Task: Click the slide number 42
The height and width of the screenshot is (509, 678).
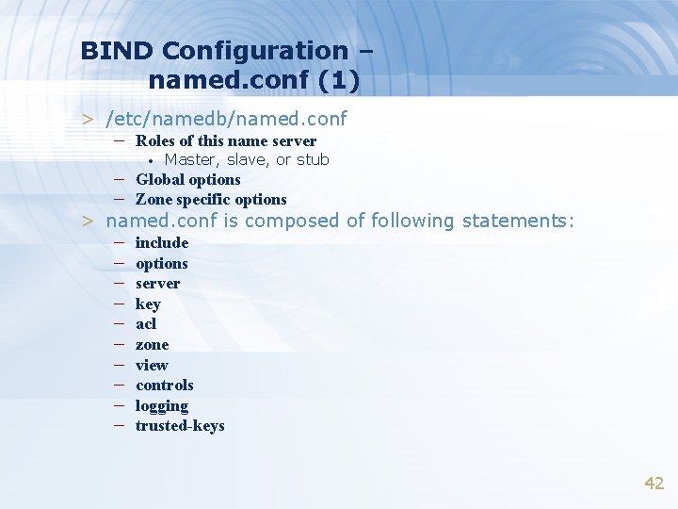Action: (x=654, y=483)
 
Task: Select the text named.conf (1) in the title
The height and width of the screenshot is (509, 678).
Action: (x=253, y=81)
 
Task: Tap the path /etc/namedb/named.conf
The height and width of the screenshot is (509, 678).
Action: (x=227, y=119)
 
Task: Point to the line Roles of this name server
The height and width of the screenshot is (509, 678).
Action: (x=225, y=141)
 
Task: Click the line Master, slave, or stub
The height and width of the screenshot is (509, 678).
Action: (x=247, y=159)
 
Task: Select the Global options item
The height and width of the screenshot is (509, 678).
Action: (x=187, y=179)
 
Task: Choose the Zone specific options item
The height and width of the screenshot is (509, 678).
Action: (x=211, y=199)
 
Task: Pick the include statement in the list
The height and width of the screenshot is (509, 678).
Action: (x=162, y=242)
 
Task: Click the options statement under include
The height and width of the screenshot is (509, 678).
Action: (x=162, y=263)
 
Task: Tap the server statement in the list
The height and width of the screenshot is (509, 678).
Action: (x=157, y=283)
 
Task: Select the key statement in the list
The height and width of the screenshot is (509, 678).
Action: (x=148, y=304)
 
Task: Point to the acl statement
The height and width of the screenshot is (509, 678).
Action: (x=146, y=323)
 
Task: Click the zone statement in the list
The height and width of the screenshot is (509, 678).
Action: (x=152, y=344)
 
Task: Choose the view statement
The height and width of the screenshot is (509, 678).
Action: (x=152, y=365)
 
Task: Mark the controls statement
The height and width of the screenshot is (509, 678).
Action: (x=165, y=385)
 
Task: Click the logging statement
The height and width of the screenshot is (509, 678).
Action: (x=162, y=405)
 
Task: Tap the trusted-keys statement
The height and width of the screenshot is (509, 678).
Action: (x=180, y=425)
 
